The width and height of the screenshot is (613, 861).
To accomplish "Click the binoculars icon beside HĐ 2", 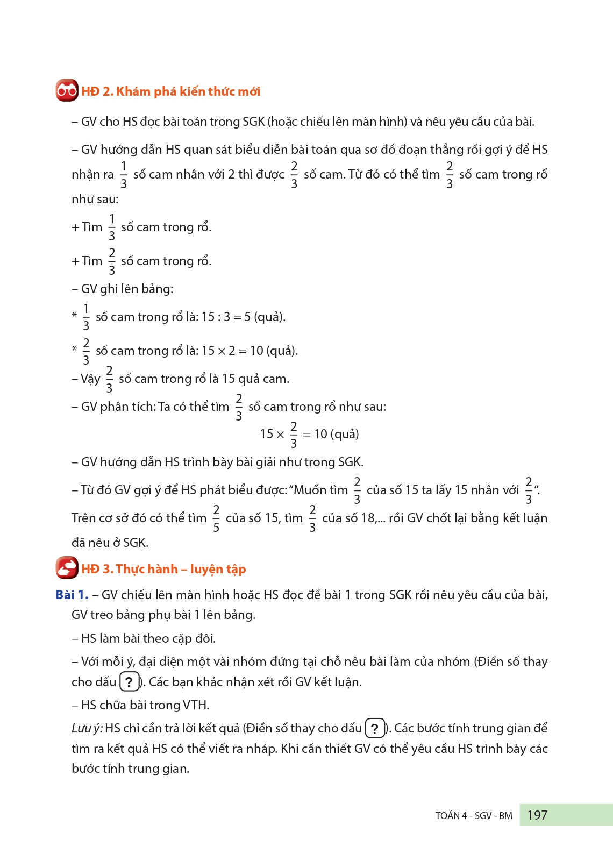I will click(x=67, y=91).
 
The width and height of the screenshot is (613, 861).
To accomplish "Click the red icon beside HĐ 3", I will click(x=67, y=568).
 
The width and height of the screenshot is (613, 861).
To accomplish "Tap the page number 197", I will click(x=537, y=815).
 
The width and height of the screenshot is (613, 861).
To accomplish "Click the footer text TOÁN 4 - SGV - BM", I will click(x=474, y=816).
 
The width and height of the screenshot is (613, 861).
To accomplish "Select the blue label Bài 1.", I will click(x=72, y=595).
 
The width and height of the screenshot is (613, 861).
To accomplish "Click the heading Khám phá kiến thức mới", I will click(x=188, y=91).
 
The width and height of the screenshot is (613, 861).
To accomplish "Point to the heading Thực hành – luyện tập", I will click(x=181, y=569).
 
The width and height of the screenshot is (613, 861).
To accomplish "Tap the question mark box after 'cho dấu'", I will click(x=129, y=682).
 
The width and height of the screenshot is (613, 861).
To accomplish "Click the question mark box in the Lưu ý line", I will click(x=375, y=728).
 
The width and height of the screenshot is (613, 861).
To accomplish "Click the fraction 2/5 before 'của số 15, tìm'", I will click(x=216, y=518).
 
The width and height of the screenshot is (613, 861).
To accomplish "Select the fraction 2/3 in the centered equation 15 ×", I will click(x=294, y=435).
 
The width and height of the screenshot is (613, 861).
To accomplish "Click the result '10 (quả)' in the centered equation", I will click(x=337, y=434).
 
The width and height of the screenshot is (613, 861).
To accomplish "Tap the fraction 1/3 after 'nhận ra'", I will click(x=124, y=175).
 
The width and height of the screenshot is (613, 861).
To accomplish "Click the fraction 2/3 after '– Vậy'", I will click(x=109, y=379).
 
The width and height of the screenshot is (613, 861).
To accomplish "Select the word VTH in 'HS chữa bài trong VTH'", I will click(x=195, y=705).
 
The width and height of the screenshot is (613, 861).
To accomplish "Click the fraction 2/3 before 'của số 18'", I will click(x=312, y=518).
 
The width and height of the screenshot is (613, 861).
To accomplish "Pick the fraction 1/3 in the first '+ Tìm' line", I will click(x=112, y=227).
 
